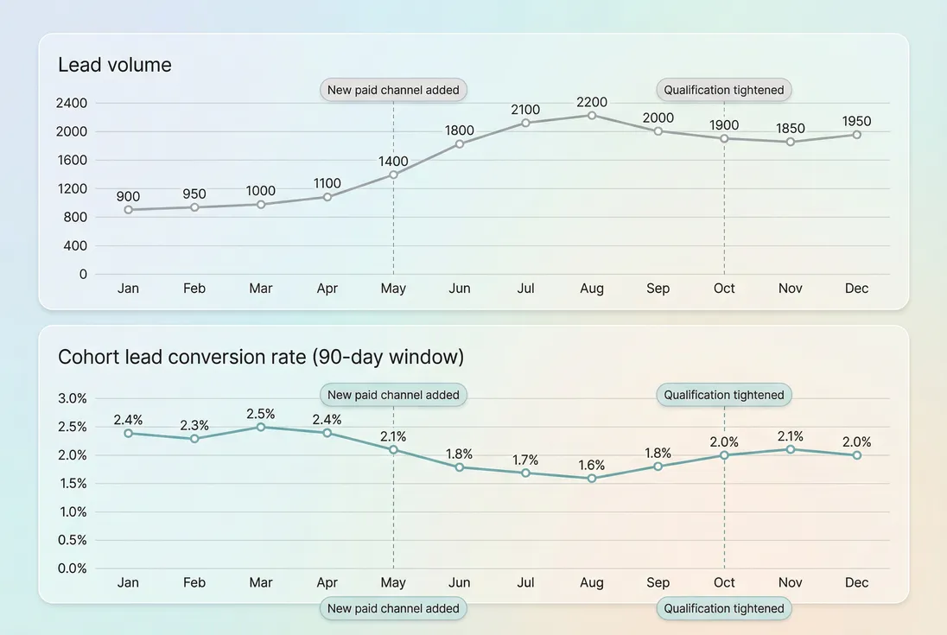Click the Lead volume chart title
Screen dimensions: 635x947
point(114,65)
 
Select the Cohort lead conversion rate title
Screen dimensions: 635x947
point(261,357)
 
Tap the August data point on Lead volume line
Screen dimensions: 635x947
point(592,115)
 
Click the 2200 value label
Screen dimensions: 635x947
point(592,102)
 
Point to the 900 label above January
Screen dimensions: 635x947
point(128,197)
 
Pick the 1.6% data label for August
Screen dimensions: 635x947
point(592,465)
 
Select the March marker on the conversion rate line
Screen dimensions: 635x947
point(261,427)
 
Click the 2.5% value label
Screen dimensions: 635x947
point(261,414)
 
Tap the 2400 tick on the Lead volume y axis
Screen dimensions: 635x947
point(72,103)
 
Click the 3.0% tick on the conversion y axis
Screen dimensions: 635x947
point(72,398)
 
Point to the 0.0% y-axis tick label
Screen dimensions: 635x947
point(72,568)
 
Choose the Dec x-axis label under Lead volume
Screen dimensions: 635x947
point(856,289)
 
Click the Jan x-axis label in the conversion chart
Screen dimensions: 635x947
point(128,583)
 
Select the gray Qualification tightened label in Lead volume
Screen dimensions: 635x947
point(724,90)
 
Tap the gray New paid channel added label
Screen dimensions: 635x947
point(393,90)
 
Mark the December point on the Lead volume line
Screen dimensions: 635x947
point(856,135)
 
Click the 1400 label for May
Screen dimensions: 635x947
point(393,162)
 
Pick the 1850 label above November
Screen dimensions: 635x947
point(790,129)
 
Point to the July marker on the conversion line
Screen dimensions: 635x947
point(525,473)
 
